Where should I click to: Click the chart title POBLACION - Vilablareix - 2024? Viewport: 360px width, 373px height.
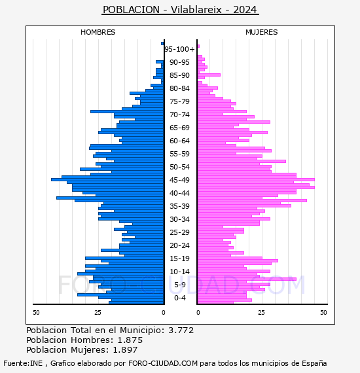[180, 10]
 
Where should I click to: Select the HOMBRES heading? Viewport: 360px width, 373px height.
[98, 32]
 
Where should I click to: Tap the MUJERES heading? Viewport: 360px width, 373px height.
[262, 32]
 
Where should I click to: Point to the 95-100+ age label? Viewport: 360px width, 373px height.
[179, 49]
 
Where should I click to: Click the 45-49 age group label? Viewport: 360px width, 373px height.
[179, 180]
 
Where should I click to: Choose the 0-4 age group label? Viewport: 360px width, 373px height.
[180, 298]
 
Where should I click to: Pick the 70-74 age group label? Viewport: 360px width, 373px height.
[179, 115]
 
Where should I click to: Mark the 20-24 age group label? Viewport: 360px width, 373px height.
[179, 245]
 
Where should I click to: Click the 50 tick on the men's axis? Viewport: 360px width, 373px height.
[36, 312]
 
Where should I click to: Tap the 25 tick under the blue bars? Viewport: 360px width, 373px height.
[98, 312]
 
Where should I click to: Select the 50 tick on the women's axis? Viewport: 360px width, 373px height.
[323, 312]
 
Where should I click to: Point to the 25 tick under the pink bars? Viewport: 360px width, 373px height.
[261, 312]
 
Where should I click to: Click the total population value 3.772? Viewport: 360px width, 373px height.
[181, 330]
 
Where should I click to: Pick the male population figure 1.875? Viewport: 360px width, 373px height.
[130, 340]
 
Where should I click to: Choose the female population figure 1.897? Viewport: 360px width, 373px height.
[125, 349]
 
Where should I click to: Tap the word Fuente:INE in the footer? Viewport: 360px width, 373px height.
[23, 363]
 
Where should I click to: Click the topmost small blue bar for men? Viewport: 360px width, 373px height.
[162, 44]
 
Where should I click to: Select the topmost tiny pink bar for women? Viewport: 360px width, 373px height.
[198, 46]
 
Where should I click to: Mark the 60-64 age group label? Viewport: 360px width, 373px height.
[179, 141]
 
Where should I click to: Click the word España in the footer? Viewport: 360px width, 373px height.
[314, 363]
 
